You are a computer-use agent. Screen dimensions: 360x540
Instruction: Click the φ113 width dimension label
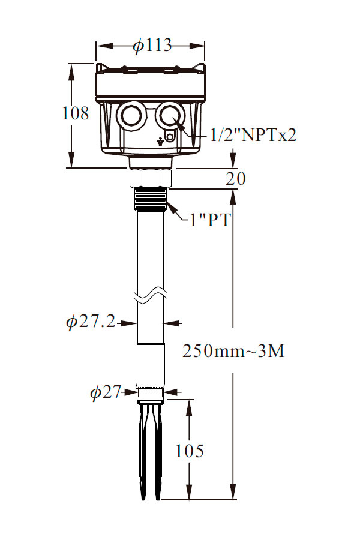[x=152, y=45]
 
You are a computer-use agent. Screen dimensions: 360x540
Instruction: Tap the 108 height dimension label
[x=76, y=113]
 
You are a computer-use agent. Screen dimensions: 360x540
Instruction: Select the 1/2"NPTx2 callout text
[x=253, y=135]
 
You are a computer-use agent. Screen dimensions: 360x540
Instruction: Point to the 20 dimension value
[x=236, y=178]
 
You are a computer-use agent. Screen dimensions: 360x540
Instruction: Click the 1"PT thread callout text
[x=210, y=220]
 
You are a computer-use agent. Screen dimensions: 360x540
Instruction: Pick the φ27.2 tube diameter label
[x=91, y=322]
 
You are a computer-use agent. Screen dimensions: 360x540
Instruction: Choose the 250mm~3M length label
[x=233, y=351]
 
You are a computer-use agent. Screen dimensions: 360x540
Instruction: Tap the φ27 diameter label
[x=106, y=392]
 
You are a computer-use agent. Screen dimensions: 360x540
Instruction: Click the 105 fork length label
[x=190, y=451]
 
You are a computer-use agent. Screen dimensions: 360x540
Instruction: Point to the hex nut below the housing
[x=150, y=178]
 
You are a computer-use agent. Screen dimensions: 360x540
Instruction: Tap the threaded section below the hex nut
[x=150, y=199]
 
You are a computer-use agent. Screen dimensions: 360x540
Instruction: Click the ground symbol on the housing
[x=158, y=140]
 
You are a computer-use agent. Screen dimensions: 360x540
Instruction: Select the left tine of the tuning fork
[x=143, y=451]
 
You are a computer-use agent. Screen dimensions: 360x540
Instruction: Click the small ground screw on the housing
[x=169, y=137]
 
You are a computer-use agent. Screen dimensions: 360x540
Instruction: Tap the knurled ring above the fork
[x=151, y=392]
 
